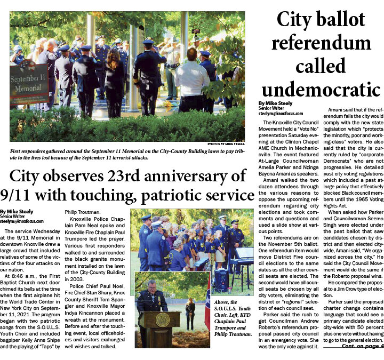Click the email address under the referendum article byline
point(281,114)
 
